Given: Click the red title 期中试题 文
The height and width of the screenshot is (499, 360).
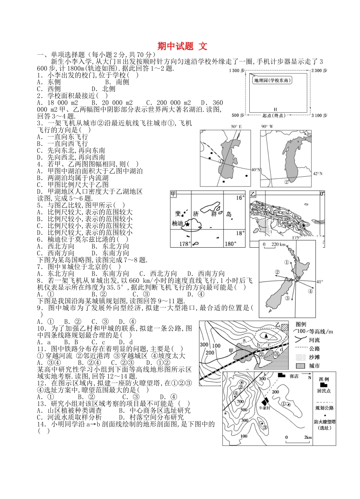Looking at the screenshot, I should pyautogui.click(x=182, y=46).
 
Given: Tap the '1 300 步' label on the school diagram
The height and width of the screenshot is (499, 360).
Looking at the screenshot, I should pyautogui.click(x=237, y=71).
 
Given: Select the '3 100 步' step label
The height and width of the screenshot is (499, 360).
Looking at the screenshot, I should pyautogui.click(x=320, y=115).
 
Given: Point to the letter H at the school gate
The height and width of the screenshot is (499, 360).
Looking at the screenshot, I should pyautogui.click(x=275, y=109).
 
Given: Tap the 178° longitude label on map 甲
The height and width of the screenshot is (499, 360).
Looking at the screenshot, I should pyautogui.click(x=185, y=243).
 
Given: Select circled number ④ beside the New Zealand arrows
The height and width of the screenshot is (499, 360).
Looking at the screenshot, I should pyautogui.click(x=310, y=291).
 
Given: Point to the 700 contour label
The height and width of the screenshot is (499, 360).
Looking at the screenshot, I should pyautogui.click(x=240, y=401).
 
